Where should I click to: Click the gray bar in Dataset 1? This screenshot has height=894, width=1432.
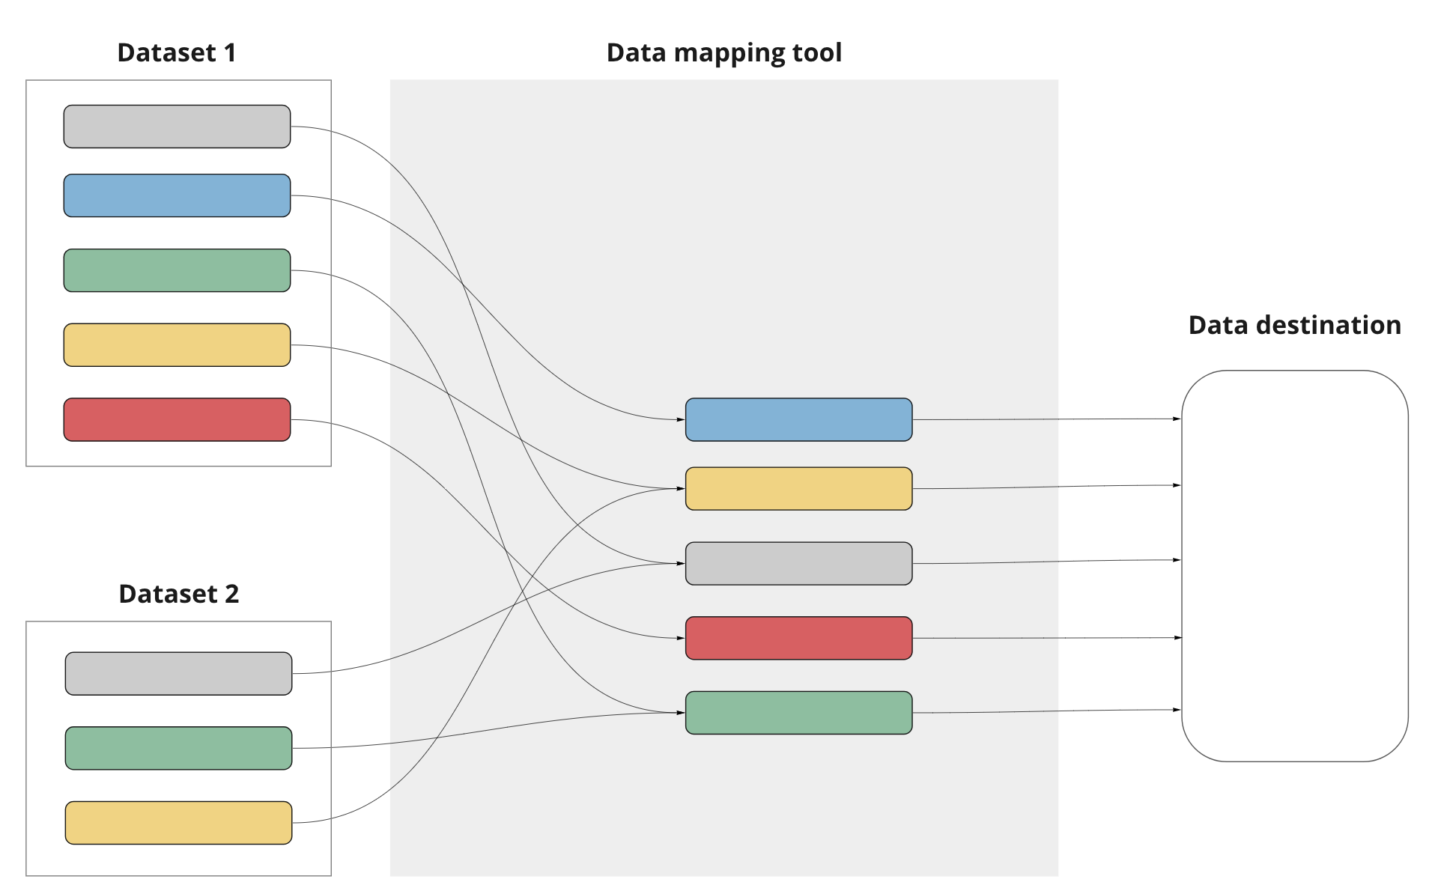(177, 127)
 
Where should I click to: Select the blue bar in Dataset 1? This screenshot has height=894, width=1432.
(177, 195)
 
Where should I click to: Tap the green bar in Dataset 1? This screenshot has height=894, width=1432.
(177, 270)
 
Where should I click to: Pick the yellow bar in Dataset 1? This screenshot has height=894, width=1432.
(177, 345)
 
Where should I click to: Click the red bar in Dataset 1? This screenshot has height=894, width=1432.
(177, 419)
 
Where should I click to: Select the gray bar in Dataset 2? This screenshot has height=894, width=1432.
(178, 673)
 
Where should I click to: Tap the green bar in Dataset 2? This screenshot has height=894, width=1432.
(178, 748)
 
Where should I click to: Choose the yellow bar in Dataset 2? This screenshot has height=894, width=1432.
(178, 823)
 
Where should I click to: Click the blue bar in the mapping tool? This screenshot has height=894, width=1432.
(798, 419)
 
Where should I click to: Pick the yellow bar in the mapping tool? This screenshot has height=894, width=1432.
(798, 489)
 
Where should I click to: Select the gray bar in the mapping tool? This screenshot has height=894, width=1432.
(798, 563)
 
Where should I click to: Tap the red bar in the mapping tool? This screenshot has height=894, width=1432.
(798, 638)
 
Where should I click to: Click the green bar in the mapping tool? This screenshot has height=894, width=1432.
(798, 713)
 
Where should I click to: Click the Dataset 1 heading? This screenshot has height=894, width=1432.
(177, 53)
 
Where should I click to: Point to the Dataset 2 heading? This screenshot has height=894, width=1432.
(178, 594)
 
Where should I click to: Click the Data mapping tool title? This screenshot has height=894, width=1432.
(723, 53)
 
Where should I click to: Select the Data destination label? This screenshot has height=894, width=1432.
(1294, 325)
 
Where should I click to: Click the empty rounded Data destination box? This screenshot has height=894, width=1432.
(1294, 566)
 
